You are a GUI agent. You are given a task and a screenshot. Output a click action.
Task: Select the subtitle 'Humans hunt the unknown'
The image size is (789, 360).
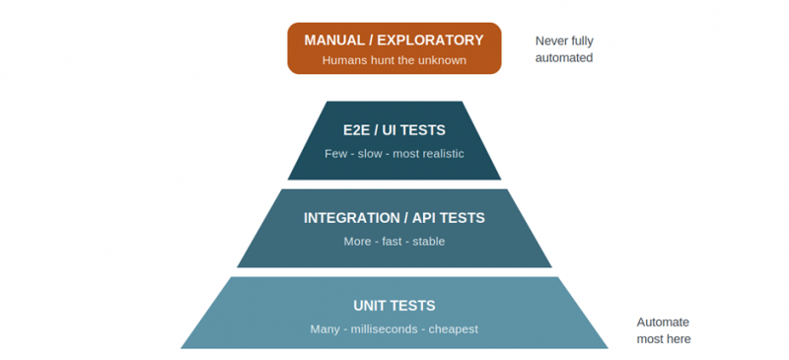394,60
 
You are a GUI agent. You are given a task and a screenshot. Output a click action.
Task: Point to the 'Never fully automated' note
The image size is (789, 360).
564,49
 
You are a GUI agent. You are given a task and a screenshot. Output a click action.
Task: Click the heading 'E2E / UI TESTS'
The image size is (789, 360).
394,130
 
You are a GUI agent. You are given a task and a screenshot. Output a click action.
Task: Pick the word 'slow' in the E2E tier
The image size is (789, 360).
370,154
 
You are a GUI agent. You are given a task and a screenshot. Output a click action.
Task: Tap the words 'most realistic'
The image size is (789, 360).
428,154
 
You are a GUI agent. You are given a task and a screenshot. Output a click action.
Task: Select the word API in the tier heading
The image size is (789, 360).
425,218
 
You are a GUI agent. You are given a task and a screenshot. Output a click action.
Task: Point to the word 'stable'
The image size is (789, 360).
429,242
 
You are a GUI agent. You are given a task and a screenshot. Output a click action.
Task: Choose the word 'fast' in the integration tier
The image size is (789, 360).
392,242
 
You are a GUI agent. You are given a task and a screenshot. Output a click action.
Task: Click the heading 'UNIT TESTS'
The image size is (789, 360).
394,306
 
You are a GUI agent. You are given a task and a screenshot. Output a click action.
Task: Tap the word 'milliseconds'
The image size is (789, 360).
385,329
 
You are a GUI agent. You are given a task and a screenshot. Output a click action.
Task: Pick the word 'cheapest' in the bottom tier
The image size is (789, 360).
454,329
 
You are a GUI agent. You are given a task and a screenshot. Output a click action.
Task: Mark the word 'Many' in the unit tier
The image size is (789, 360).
325,329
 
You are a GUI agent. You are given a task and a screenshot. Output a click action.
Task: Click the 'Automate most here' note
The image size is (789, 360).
664,330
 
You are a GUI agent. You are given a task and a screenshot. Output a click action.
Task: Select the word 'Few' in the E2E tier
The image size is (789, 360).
335,154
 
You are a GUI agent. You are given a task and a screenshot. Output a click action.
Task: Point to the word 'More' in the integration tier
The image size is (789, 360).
357,242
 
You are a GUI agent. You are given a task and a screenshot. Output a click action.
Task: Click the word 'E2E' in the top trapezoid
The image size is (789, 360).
357,130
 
